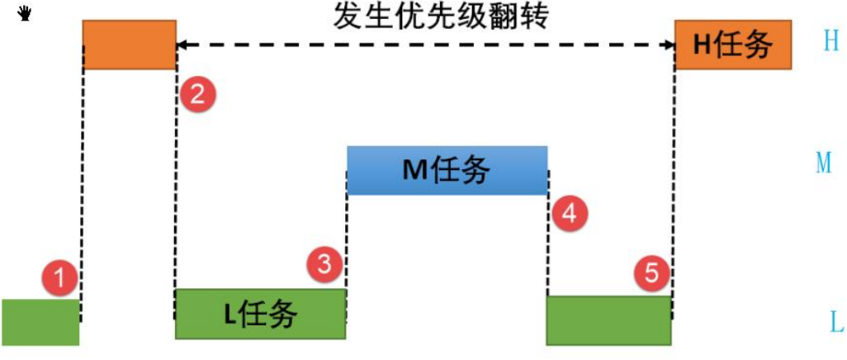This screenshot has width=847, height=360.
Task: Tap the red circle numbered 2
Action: point(197,94)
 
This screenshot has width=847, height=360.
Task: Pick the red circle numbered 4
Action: point(569,214)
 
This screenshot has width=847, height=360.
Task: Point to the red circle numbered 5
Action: point(652,272)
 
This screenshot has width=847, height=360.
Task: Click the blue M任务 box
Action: point(447,170)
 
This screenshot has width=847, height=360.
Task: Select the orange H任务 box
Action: point(733,45)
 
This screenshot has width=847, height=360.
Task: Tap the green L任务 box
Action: point(260,314)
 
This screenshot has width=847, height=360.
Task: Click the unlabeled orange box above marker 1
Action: point(130,45)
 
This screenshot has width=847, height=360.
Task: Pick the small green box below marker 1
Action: point(40,322)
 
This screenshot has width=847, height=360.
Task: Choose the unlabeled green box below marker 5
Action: point(608,320)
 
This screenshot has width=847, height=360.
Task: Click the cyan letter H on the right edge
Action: point(830,41)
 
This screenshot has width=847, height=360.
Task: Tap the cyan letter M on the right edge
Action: point(823,163)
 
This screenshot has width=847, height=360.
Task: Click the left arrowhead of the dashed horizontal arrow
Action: point(183,45)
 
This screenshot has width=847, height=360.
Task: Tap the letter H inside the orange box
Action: point(702,45)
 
